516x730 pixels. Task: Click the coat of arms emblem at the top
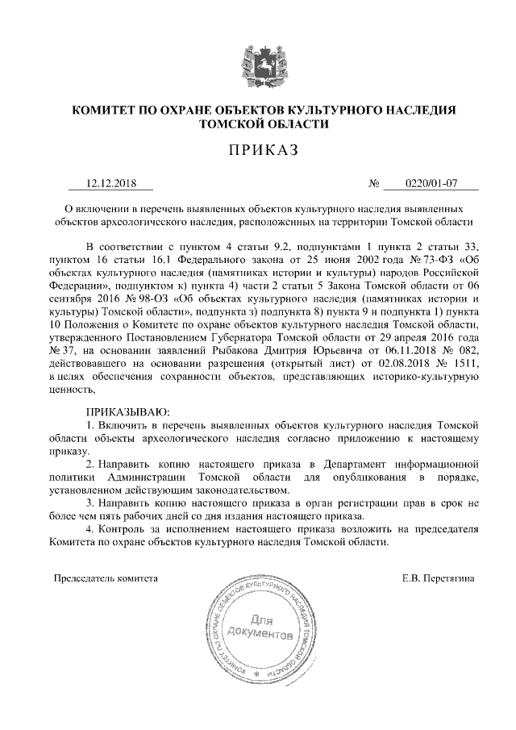(258, 65)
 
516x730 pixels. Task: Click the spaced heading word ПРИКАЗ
(259, 150)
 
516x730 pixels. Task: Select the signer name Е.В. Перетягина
(439, 578)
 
